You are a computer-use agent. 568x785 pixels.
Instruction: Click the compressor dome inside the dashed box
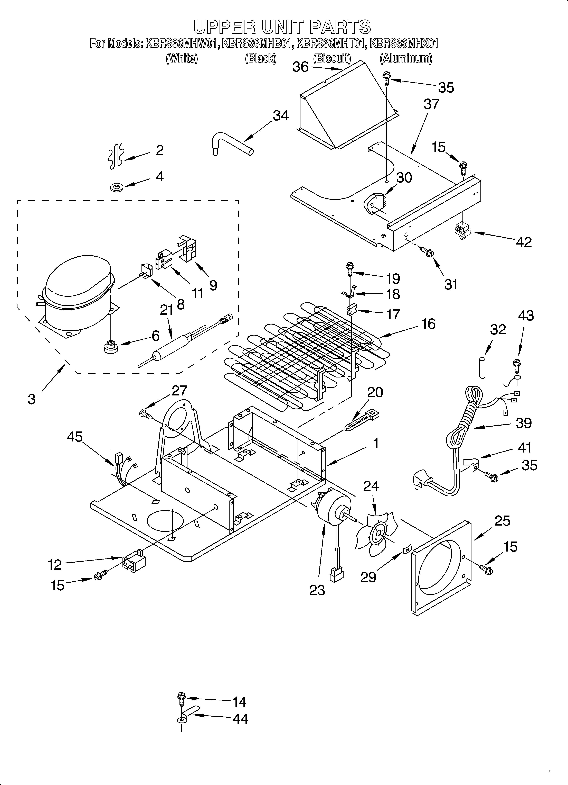[x=78, y=277]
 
